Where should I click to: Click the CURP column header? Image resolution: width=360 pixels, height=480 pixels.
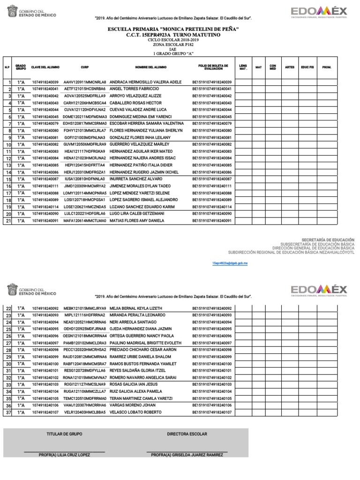click(85, 67)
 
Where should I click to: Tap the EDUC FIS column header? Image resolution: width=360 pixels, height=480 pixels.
click(307, 67)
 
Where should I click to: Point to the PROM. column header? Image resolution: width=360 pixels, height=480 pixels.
click(327, 67)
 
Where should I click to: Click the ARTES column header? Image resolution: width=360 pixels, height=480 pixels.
click(290, 67)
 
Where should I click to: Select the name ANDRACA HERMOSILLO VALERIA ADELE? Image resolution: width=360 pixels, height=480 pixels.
click(145, 82)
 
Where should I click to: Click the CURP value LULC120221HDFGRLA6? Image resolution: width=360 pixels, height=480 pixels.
click(84, 213)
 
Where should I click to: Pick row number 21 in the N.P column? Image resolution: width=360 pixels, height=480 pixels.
click(8, 221)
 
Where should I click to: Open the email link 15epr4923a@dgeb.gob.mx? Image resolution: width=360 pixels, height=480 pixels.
click(230, 264)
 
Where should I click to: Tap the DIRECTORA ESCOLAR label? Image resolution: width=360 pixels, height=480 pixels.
click(187, 434)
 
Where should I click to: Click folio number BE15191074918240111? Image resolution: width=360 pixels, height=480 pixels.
click(212, 186)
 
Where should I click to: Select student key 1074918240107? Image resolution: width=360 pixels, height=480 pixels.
click(45, 412)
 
